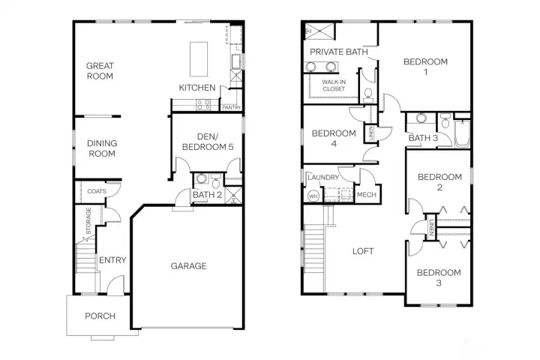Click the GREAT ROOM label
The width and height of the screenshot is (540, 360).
pyautogui.click(x=99, y=70)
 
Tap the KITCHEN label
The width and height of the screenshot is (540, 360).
pyautogui.click(x=196, y=88)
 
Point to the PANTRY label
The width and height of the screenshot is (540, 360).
pyautogui.click(x=231, y=108)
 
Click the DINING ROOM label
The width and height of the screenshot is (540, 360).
pyautogui.click(x=101, y=148)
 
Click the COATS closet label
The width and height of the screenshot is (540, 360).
pyautogui.click(x=96, y=191)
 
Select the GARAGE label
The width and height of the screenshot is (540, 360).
pyautogui.click(x=188, y=265)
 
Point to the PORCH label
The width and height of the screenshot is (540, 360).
pyautogui.click(x=99, y=316)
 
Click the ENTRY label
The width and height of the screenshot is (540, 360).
pyautogui.click(x=112, y=260)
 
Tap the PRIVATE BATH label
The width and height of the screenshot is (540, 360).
pyautogui.click(x=338, y=52)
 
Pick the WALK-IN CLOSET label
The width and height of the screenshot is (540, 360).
pyautogui.click(x=334, y=85)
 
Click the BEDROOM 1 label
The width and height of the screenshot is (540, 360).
pyautogui.click(x=425, y=67)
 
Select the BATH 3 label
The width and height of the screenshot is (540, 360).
pyautogui.click(x=423, y=137)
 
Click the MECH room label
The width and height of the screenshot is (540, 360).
pyautogui.click(x=366, y=195)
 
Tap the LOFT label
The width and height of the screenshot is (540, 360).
pyautogui.click(x=363, y=251)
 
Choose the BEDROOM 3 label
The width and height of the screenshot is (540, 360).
pyautogui.click(x=439, y=277)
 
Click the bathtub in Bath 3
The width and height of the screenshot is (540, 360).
pyautogui.click(x=461, y=132)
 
